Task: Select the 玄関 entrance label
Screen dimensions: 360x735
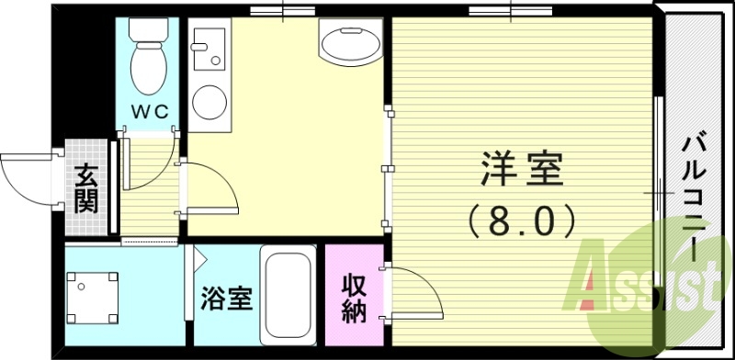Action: tap(87, 187)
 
